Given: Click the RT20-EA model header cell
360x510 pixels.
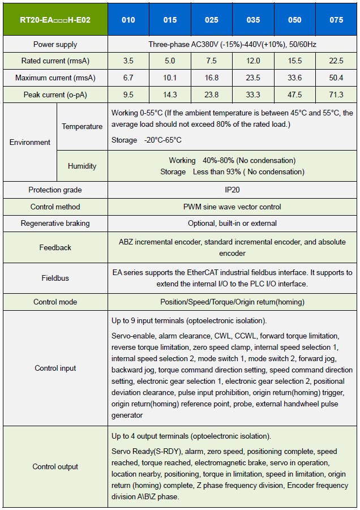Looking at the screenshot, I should click(x=55, y=19).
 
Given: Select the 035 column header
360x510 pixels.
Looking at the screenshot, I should click(x=254, y=20).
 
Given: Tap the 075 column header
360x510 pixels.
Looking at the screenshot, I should click(x=336, y=20).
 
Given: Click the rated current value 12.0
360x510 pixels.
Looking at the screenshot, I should click(x=254, y=61).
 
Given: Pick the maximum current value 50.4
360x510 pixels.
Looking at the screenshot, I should click(x=336, y=78).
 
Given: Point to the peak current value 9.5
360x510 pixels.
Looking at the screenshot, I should click(x=128, y=95).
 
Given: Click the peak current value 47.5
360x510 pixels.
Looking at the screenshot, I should click(x=295, y=95).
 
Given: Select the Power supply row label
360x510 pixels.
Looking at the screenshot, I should click(x=55, y=44).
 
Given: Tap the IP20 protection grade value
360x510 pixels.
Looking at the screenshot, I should click(x=232, y=190).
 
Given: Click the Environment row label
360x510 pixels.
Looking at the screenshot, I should click(x=29, y=142).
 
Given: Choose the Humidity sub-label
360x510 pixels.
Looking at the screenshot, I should click(x=82, y=166).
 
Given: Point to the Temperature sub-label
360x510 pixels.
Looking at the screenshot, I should click(x=82, y=126).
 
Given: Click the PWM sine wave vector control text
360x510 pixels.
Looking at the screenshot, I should click(x=232, y=207).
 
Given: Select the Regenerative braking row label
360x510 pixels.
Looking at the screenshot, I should click(x=55, y=223).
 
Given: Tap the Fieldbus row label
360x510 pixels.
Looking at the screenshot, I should click(x=55, y=278).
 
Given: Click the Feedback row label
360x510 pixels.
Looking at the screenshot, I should click(x=55, y=247).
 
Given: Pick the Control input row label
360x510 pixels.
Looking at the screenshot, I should click(x=55, y=368).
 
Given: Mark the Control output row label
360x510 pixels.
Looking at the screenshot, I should click(x=55, y=467).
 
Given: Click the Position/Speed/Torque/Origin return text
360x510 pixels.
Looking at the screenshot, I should click(x=232, y=302).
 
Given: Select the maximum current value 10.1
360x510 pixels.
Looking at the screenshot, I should click(x=170, y=78).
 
